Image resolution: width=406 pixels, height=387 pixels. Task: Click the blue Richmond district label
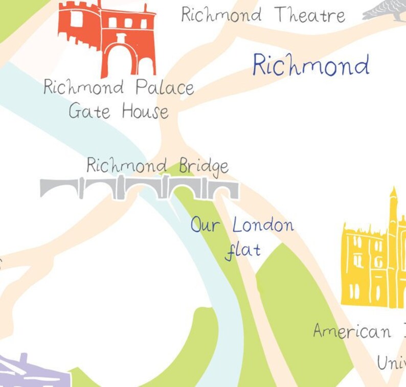click(x=310, y=65)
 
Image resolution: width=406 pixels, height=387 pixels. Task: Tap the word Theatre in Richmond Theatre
click(x=309, y=15)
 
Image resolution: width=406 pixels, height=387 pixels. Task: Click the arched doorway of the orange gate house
click(x=120, y=59)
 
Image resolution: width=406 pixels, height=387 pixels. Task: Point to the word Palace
click(x=165, y=88)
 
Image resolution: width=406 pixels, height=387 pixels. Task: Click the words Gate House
click(x=118, y=111)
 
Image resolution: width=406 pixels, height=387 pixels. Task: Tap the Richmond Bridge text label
click(x=157, y=166)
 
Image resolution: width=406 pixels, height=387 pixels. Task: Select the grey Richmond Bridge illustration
click(x=139, y=188)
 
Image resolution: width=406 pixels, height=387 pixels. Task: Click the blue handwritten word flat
click(x=243, y=250)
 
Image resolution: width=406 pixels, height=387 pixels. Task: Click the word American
click(x=352, y=332)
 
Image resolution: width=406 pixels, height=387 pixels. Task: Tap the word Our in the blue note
click(x=205, y=225)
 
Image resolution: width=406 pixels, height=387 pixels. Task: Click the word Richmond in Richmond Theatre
click(x=221, y=15)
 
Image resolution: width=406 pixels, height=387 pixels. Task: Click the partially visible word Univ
click(x=391, y=362)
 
